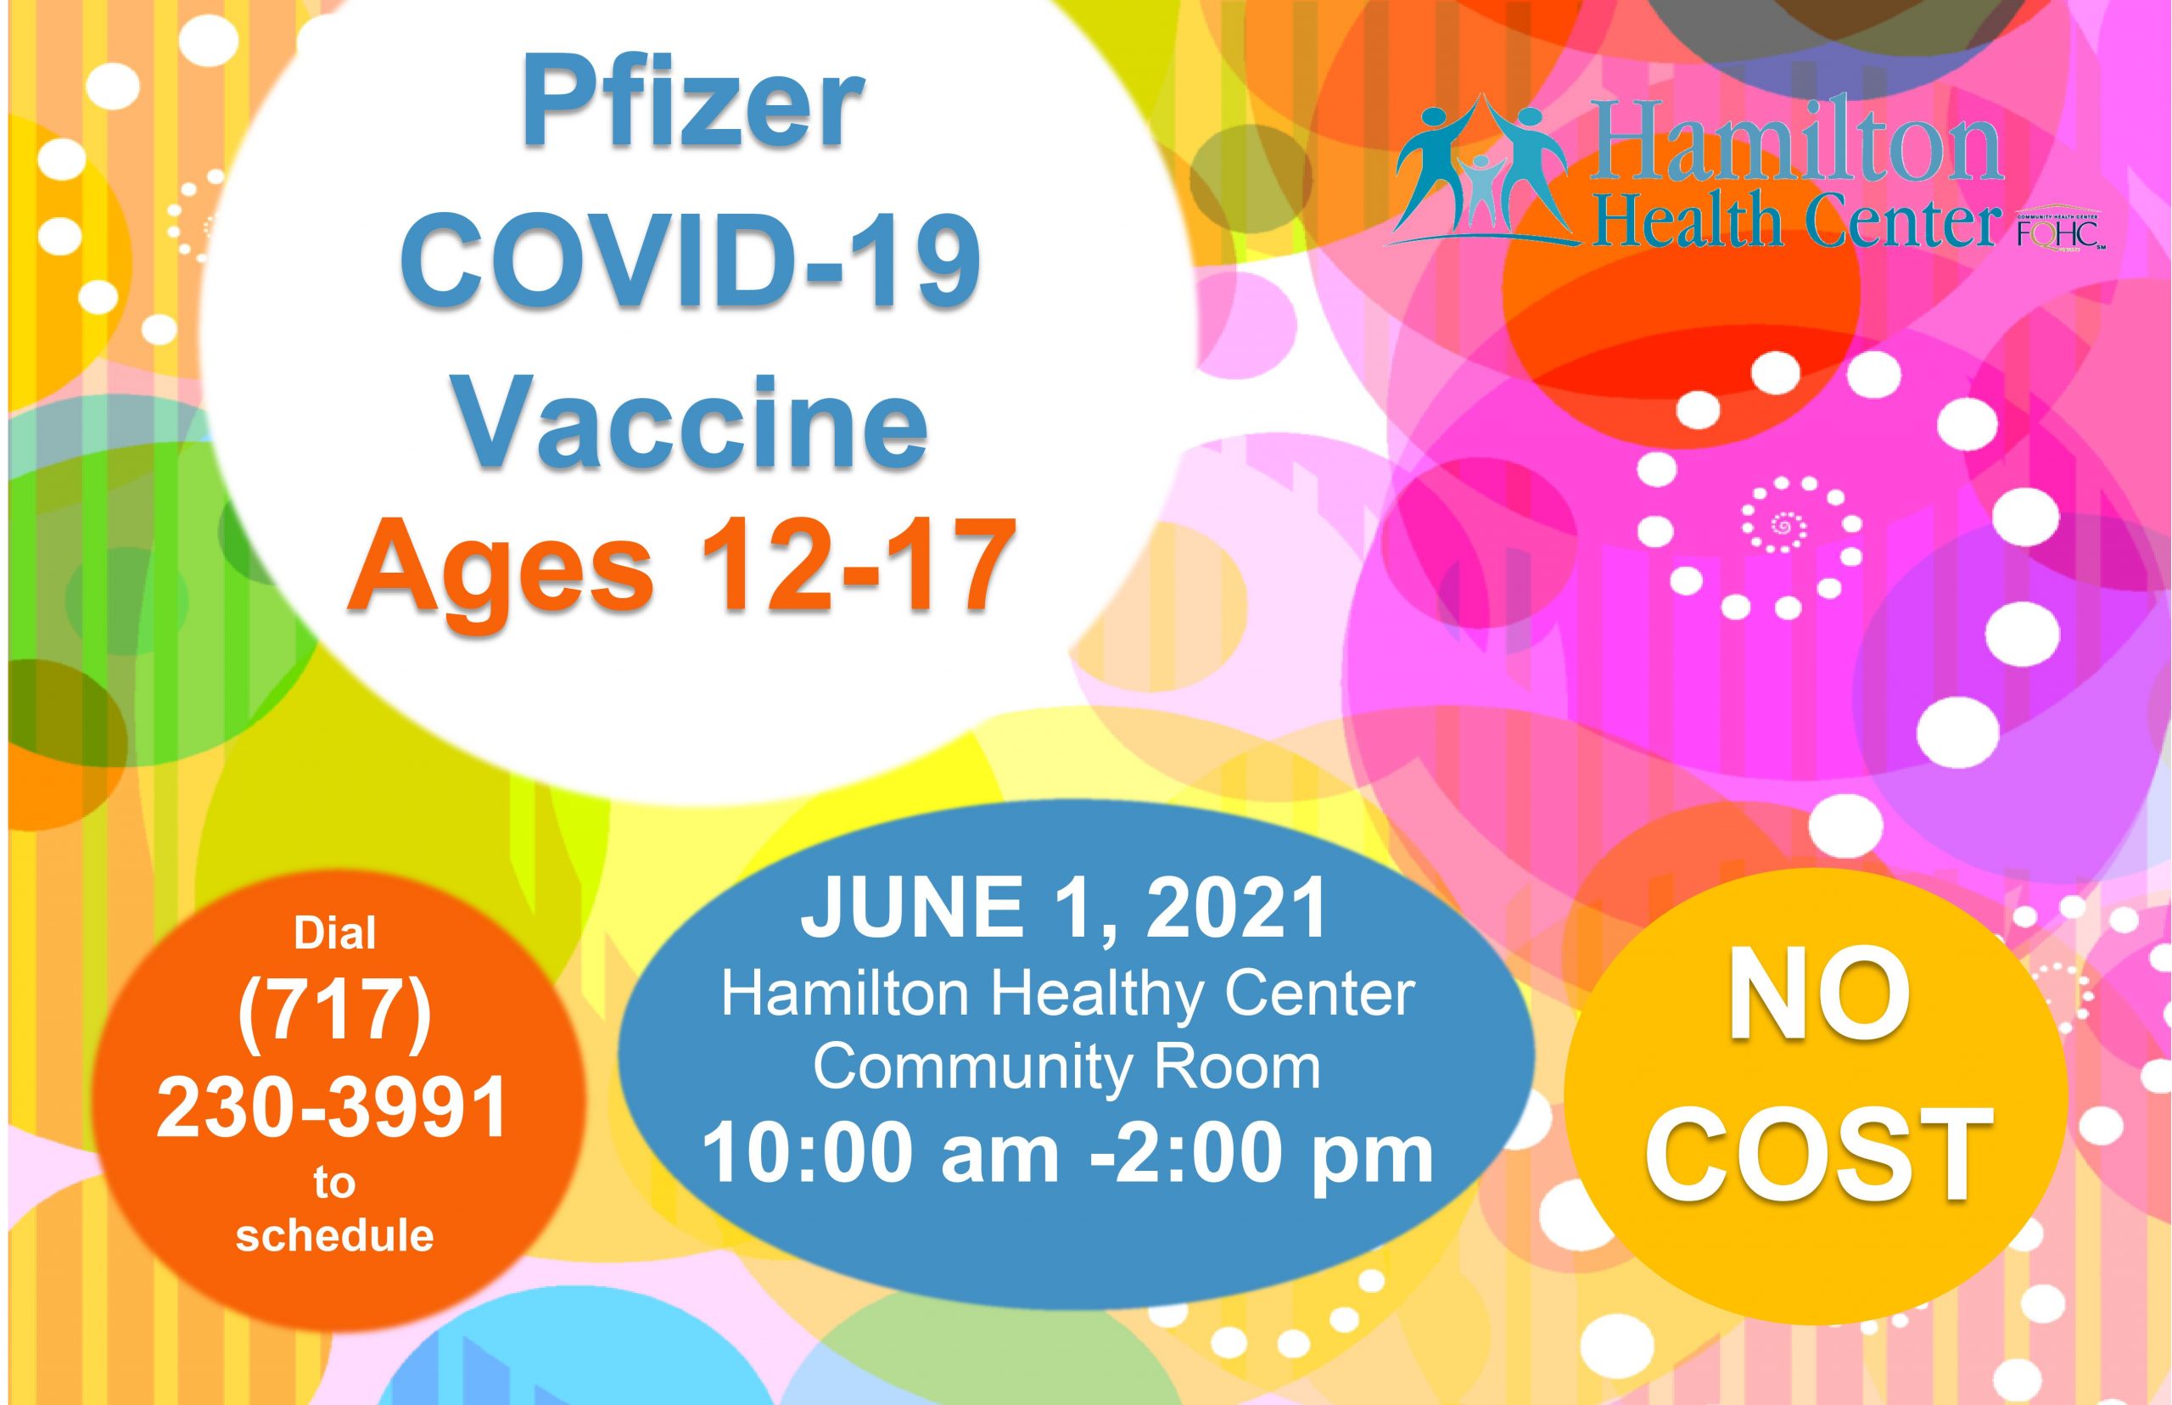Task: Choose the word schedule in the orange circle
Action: pos(335,1236)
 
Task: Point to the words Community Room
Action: pos(1066,1066)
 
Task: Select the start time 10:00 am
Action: pos(881,1154)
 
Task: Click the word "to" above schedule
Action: pos(334,1184)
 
